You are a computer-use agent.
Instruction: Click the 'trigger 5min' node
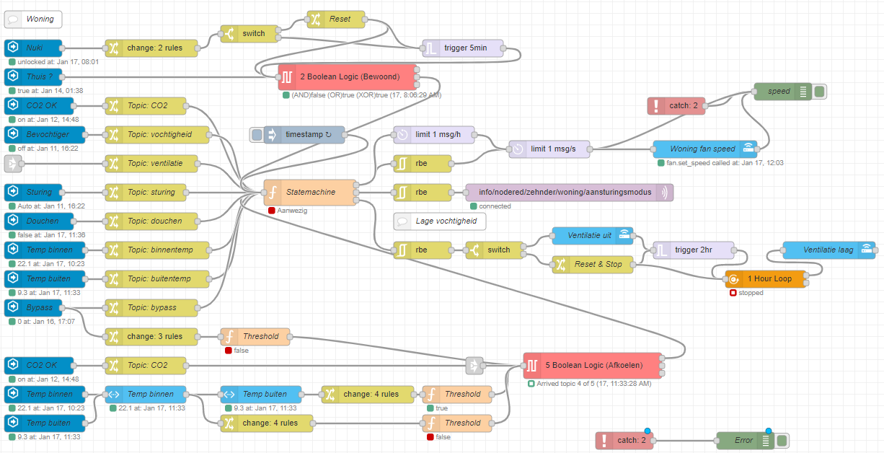click(x=464, y=48)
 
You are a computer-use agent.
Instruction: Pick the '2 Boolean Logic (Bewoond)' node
click(x=347, y=76)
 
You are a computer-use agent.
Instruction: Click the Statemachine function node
click(x=310, y=193)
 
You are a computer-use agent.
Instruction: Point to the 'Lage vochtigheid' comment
click(x=440, y=221)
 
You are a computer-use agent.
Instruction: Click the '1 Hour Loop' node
click(x=765, y=279)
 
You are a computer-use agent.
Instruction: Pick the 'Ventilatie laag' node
click(x=828, y=250)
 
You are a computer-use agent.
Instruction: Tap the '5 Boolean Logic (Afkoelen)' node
click(x=592, y=365)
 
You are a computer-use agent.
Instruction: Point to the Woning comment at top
click(x=33, y=19)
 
